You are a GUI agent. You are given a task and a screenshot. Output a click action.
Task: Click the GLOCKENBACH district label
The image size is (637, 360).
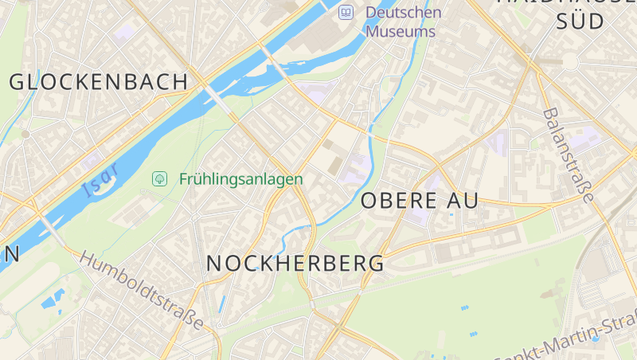(x=99, y=81)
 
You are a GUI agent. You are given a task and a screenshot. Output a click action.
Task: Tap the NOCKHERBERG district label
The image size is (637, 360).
(x=295, y=263)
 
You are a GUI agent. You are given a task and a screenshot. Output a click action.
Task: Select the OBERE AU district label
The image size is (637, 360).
(x=420, y=201)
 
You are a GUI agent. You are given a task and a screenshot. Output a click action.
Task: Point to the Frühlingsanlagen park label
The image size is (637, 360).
(x=240, y=179)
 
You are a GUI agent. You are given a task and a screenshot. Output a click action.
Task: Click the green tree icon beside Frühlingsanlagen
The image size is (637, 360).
(x=159, y=178)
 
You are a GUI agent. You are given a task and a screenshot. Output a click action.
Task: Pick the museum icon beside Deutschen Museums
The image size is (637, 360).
(x=346, y=12)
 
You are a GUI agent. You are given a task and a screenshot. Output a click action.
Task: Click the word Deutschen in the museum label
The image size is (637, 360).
(x=403, y=12)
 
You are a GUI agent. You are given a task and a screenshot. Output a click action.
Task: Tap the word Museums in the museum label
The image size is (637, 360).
(x=401, y=32)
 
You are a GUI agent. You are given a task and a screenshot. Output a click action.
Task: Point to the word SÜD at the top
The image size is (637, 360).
(x=580, y=22)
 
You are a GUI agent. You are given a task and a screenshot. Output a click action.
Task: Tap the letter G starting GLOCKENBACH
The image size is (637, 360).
(x=19, y=81)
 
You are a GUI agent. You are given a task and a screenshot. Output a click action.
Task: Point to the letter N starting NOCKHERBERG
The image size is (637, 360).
(x=215, y=263)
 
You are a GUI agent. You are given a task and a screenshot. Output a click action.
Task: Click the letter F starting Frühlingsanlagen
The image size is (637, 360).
(x=184, y=179)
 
